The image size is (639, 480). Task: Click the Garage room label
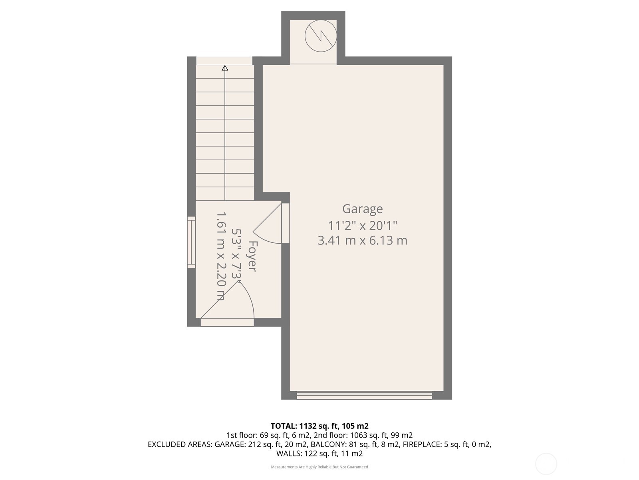362,209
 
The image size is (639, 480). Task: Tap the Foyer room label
252,256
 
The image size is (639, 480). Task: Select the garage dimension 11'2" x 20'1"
362,226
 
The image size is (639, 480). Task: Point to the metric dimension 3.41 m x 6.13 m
362,240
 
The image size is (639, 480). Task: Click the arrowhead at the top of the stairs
225,68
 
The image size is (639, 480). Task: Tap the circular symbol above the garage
321,36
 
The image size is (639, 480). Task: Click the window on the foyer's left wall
192,242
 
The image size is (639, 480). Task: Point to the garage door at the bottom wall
364,395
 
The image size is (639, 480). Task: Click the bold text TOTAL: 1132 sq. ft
319,426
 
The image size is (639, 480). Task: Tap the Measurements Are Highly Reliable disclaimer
319,467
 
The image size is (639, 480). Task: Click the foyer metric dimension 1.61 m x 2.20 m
221,256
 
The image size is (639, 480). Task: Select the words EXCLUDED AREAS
180,444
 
